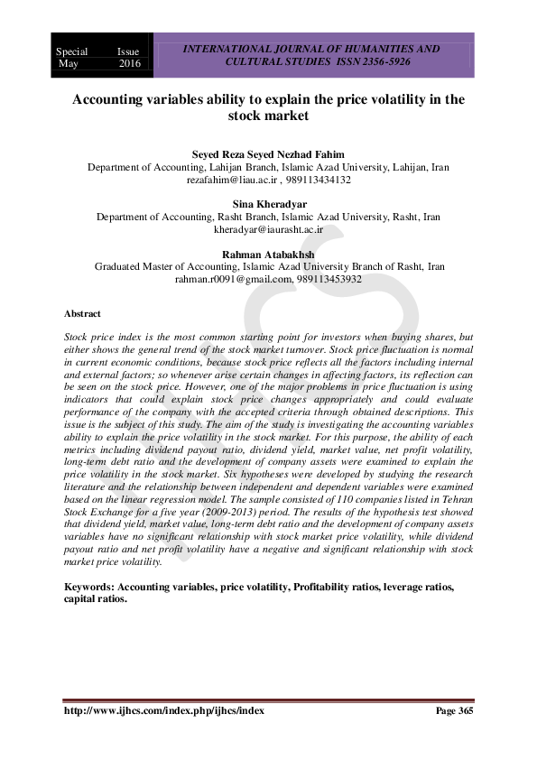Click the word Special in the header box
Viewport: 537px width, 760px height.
[x=72, y=52]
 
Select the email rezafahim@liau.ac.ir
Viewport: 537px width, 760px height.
[x=230, y=181]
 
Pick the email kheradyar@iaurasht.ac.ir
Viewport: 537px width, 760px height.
[x=268, y=230]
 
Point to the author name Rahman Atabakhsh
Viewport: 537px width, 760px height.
[x=268, y=255]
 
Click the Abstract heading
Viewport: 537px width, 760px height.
[x=82, y=313]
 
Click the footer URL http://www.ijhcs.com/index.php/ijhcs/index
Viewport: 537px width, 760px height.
[x=163, y=710]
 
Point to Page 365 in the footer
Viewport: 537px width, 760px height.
[x=454, y=710]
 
